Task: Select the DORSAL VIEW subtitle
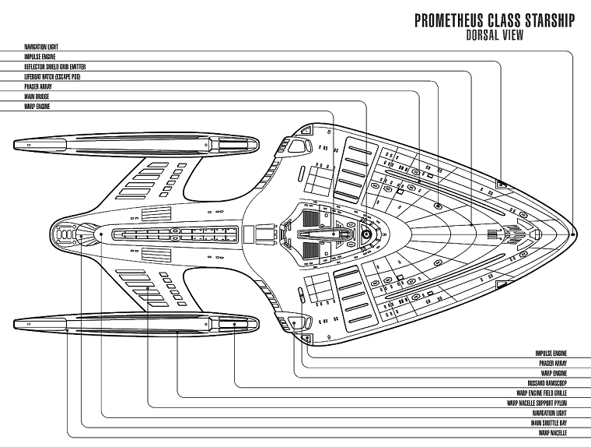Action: click(494, 34)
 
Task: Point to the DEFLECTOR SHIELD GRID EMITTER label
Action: click(55, 67)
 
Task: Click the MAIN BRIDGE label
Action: click(37, 97)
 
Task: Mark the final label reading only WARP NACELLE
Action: click(558, 433)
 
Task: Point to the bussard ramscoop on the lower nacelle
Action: click(242, 323)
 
